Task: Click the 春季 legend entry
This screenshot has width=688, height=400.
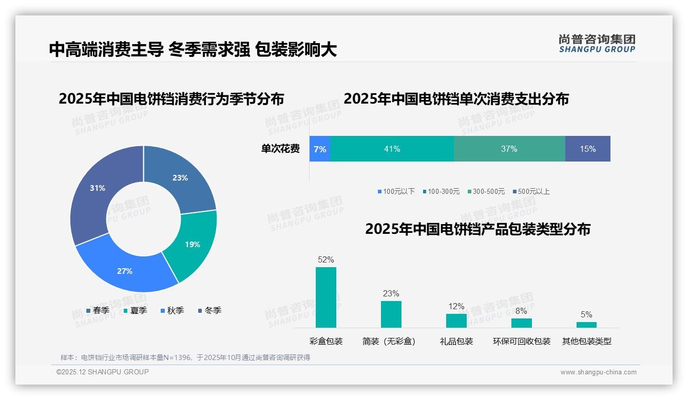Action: click(98, 310)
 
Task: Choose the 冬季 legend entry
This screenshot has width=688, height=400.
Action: click(209, 310)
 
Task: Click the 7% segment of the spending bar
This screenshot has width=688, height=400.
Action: click(320, 149)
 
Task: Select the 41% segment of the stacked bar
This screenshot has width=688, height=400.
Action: click(392, 149)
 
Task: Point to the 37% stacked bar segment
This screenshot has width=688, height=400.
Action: click(509, 149)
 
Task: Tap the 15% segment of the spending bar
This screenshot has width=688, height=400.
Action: click(588, 149)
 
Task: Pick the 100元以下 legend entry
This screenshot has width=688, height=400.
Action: click(396, 191)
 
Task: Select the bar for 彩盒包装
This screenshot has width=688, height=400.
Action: click(326, 297)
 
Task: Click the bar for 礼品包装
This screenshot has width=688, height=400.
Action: click(456, 321)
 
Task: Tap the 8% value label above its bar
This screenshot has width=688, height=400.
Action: click(521, 311)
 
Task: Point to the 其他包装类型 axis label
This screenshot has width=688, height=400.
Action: click(586, 341)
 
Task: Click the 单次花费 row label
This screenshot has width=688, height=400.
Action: click(280, 149)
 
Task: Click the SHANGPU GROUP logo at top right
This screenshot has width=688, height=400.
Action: click(597, 44)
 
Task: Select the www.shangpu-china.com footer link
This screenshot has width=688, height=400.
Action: click(598, 372)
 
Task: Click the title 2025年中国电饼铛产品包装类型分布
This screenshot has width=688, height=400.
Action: click(477, 229)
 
